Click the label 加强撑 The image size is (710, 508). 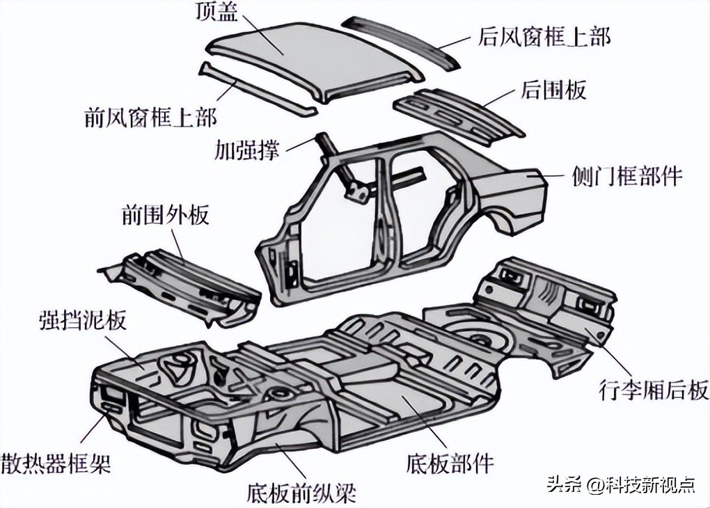pyautogui.click(x=247, y=149)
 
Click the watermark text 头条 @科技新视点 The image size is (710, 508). pyautogui.click(x=620, y=484)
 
